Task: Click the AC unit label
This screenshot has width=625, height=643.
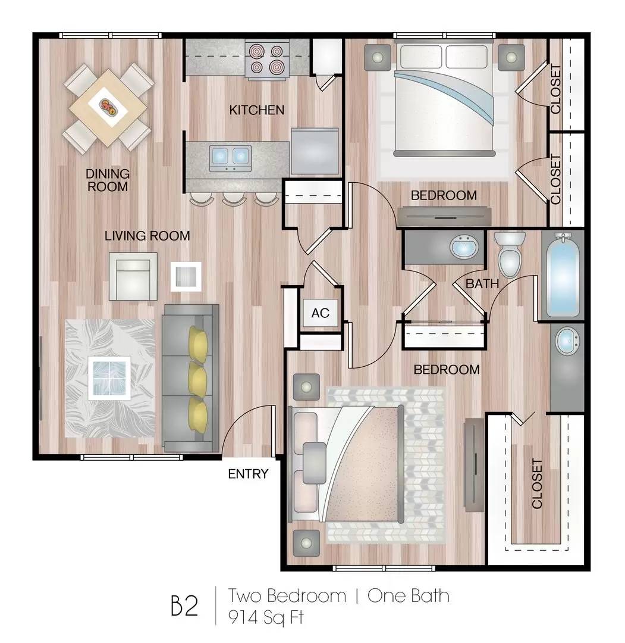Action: coord(321,313)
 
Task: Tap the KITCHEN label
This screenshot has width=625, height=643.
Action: coord(256,110)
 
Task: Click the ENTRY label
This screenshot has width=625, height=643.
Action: coord(248,474)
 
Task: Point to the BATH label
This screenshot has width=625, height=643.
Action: coord(482,283)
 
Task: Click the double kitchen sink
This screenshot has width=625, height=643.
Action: coord(230,158)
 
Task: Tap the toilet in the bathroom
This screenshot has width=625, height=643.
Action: coord(510,254)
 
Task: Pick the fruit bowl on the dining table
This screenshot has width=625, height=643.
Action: coord(108,107)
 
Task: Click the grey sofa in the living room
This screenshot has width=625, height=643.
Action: coord(190,378)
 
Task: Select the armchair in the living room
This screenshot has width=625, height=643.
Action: coord(133,276)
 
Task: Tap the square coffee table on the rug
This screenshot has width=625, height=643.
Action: coord(109,378)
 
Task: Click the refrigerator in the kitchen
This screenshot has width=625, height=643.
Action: coord(315,151)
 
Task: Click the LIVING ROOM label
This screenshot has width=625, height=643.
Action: coord(147,236)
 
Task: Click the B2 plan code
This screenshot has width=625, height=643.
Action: coord(184,605)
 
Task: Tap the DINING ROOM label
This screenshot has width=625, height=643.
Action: coord(108,180)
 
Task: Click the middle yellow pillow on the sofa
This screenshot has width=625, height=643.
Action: coord(197,380)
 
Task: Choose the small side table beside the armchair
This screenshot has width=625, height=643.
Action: coord(186,276)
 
